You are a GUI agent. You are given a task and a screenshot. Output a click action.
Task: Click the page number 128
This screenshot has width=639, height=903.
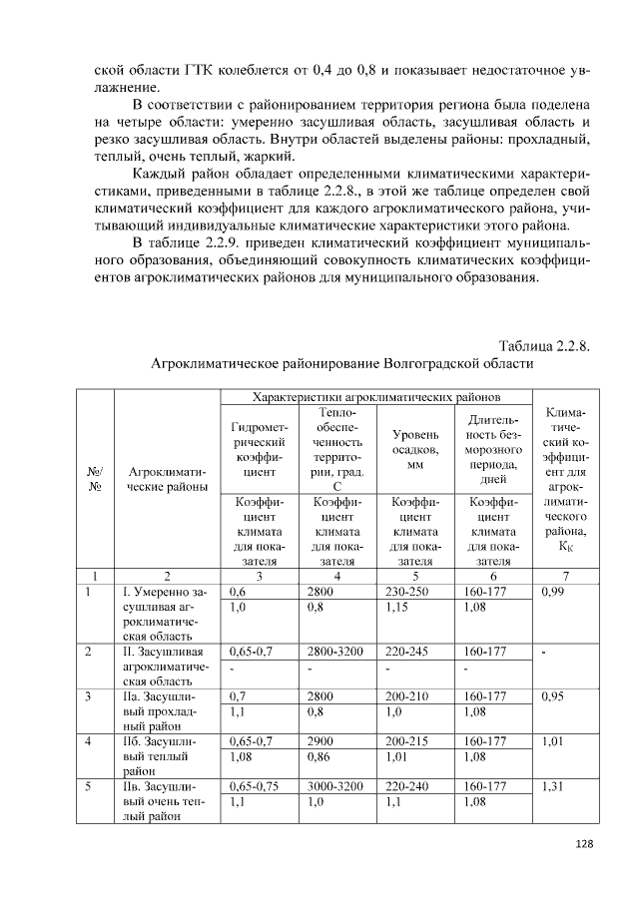click(x=585, y=844)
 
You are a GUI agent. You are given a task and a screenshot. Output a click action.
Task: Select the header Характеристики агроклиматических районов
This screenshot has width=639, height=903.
click(x=376, y=397)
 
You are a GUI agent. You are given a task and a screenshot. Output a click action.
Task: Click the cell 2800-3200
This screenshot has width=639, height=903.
click(x=336, y=652)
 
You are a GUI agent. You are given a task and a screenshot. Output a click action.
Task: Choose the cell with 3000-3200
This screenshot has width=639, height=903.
click(x=336, y=787)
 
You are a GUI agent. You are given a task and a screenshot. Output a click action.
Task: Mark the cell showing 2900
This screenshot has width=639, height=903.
click(x=320, y=742)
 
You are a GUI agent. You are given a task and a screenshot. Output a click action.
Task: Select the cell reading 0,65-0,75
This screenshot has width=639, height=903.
click(x=256, y=787)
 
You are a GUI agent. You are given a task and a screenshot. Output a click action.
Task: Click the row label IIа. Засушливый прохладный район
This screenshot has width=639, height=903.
click(x=165, y=712)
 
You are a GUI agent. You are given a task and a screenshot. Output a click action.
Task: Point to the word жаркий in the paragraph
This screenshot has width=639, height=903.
click(x=269, y=157)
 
